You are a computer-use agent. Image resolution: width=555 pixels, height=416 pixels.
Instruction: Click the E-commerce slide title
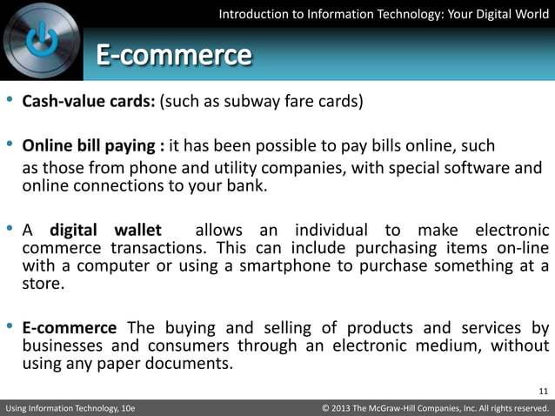(173, 57)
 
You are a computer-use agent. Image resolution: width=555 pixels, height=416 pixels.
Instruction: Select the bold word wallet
(138, 230)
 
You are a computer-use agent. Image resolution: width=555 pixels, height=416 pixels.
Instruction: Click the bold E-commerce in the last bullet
(70, 327)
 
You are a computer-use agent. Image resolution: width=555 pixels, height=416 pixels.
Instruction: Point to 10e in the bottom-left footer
(124, 407)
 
